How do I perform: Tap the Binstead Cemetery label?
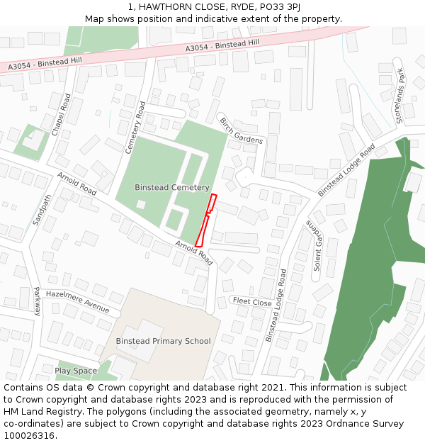172,188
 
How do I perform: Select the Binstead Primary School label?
163,341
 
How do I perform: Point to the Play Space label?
76,371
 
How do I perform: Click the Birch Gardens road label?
242,130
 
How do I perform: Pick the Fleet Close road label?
252,302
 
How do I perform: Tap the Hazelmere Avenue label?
78,301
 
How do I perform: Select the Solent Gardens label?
313,245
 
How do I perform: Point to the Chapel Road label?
62,115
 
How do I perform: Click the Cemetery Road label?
135,128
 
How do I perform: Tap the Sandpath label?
40,210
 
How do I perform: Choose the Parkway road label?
37,301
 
